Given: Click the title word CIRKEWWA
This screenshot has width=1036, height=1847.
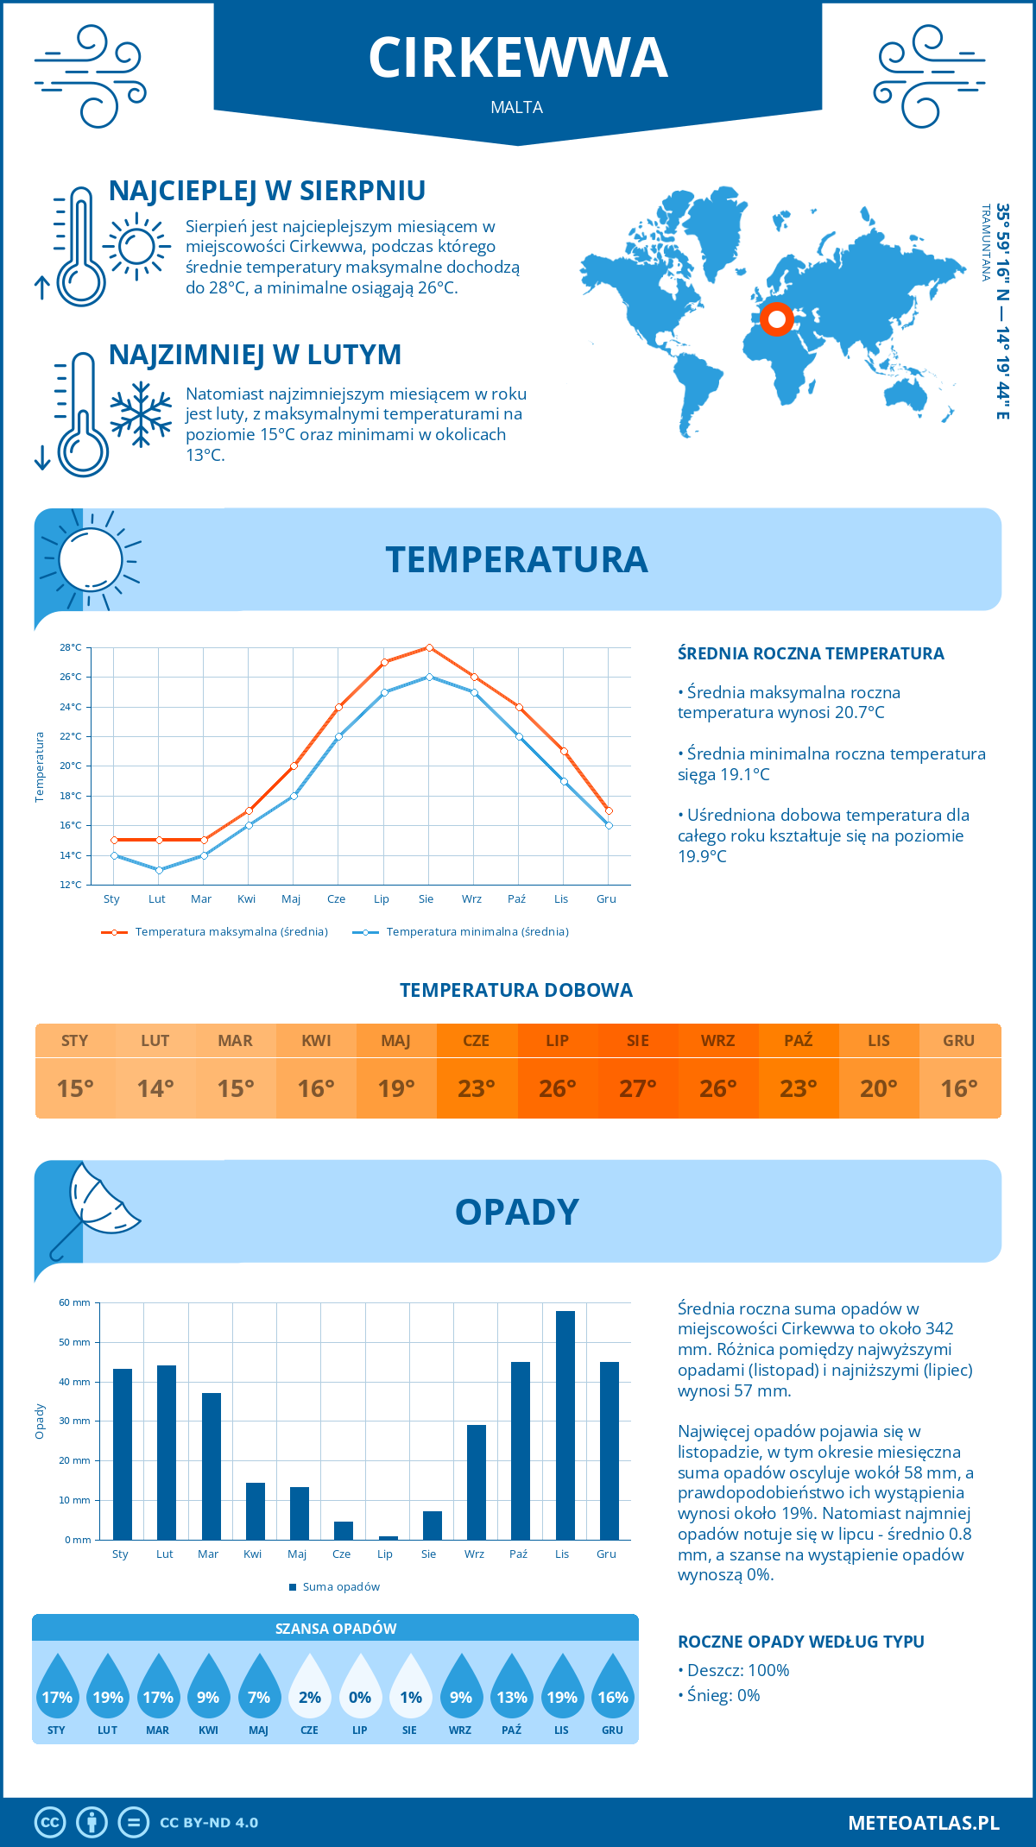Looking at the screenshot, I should (x=518, y=58).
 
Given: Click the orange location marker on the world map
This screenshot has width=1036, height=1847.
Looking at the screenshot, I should (x=776, y=319).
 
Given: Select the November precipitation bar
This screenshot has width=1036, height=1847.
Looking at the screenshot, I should (x=565, y=1425).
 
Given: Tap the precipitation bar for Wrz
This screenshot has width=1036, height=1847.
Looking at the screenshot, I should (x=476, y=1482).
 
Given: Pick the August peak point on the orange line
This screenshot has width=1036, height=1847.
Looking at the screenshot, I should (x=429, y=647).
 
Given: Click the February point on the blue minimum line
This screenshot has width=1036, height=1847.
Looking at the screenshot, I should (x=159, y=870).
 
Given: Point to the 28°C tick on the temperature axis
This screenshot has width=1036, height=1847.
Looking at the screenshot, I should (x=71, y=647).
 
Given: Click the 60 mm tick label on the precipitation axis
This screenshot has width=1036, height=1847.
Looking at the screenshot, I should (x=74, y=1302).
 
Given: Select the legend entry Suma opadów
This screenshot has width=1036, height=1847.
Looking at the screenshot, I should (x=340, y=1586).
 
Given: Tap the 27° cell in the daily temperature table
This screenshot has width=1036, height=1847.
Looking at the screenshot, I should (x=637, y=1088).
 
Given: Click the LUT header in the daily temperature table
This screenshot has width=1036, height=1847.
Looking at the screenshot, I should (x=155, y=1041).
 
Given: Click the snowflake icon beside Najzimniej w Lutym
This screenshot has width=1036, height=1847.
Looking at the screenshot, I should (x=141, y=414).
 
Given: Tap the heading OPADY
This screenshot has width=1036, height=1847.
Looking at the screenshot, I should (x=516, y=1212).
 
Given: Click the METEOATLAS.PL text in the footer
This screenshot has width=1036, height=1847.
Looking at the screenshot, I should (x=923, y=1823).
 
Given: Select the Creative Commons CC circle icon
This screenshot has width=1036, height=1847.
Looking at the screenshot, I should (x=50, y=1823).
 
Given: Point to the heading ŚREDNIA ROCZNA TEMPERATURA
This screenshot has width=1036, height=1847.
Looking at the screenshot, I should (x=811, y=653).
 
